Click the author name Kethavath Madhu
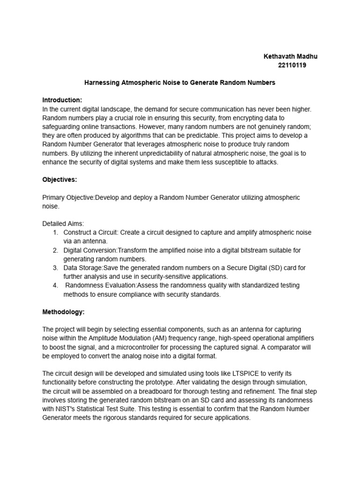tap(290, 56)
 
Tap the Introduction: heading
tap(62, 100)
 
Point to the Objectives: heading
tap(60, 180)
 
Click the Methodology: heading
tap(63, 312)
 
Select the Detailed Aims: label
tap(63, 224)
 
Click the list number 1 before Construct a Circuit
tap(55, 232)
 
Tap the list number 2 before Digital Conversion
tap(55, 250)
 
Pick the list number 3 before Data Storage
tap(55, 268)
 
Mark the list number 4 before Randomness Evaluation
tap(55, 285)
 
